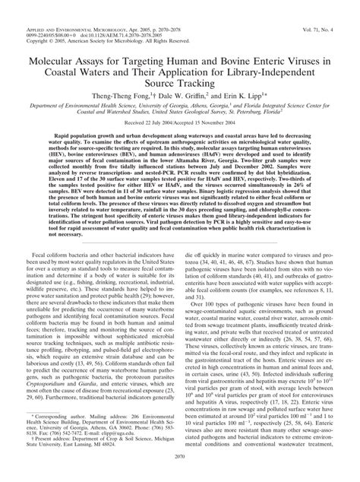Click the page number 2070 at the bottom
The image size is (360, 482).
(x=180, y=471)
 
